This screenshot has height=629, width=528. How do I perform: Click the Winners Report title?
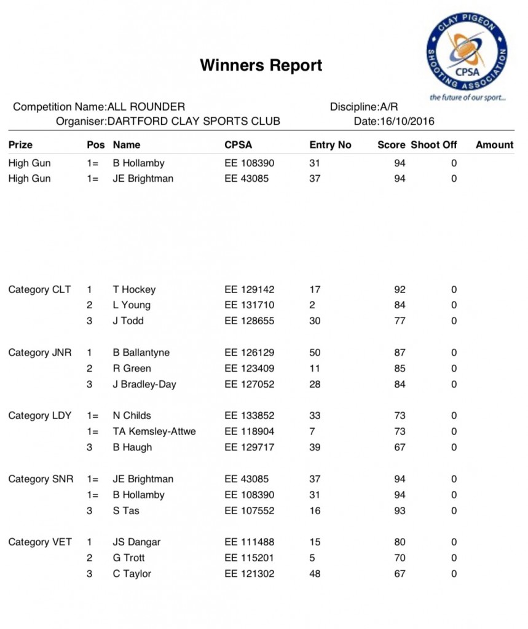point(261,65)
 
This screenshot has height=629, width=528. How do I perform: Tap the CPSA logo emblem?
point(467,52)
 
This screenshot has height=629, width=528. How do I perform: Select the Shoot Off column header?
point(434,145)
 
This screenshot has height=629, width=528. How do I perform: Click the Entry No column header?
point(330,145)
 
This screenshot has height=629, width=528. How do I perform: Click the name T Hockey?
point(134,289)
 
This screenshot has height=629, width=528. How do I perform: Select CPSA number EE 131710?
point(250,305)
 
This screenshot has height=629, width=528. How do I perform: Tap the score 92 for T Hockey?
point(400,289)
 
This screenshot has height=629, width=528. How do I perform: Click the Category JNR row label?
point(40,353)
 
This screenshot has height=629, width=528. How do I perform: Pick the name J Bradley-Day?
point(144,385)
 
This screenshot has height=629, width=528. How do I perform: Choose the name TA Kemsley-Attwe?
point(154,431)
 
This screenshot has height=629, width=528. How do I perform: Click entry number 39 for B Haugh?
point(315,447)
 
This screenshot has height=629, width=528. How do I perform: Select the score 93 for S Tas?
point(400,510)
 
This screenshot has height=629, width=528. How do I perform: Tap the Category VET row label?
point(40,542)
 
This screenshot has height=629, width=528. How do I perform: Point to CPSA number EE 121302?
point(250,574)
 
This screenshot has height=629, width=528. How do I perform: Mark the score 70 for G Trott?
point(400,558)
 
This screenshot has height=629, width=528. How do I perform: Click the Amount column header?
point(494,145)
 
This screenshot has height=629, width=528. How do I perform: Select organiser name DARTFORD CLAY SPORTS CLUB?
point(194,121)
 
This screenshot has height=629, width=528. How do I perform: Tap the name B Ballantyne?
point(141,353)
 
